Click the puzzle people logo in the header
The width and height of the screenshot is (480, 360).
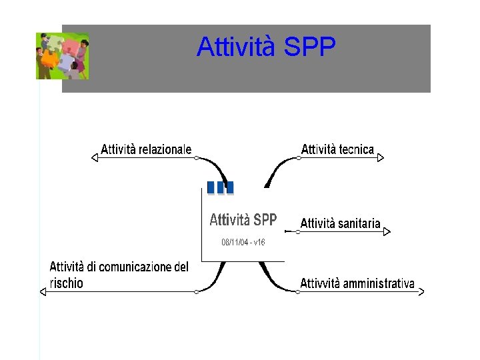62,55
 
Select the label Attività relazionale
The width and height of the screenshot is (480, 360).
146,149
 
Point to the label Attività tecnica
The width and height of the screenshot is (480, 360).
337,149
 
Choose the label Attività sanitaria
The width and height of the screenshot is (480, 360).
340,223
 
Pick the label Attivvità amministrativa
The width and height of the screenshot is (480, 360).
357,283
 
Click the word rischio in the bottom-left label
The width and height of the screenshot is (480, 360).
67,283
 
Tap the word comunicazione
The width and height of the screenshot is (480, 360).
139,267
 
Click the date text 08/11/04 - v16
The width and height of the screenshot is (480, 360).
243,243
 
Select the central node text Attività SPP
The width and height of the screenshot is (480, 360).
243,220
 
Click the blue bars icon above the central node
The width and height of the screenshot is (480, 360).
220,187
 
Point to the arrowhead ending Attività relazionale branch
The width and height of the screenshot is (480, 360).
94,158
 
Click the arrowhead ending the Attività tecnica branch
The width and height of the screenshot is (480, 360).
381,158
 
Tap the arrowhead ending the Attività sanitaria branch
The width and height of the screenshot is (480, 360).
387,231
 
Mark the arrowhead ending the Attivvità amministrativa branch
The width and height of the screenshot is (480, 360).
421,291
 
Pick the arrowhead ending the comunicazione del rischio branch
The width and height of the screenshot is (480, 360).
43,291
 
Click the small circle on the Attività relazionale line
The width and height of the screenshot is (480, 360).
196,158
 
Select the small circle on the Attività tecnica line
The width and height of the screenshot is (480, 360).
299,158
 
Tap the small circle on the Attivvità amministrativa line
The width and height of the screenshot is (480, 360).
297,291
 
